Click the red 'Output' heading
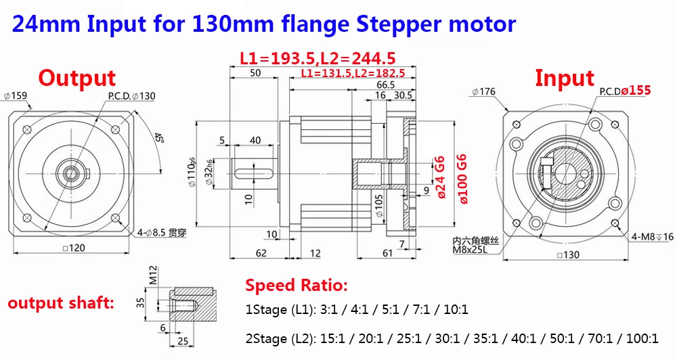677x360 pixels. click(x=77, y=78)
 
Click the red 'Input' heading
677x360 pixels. click(x=564, y=78)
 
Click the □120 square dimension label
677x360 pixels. click(x=73, y=248)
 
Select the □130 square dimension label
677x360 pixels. click(x=567, y=255)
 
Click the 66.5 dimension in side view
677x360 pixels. click(x=386, y=85)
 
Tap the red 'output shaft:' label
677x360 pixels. click(x=60, y=302)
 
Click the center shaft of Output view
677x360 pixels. click(x=70, y=173)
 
